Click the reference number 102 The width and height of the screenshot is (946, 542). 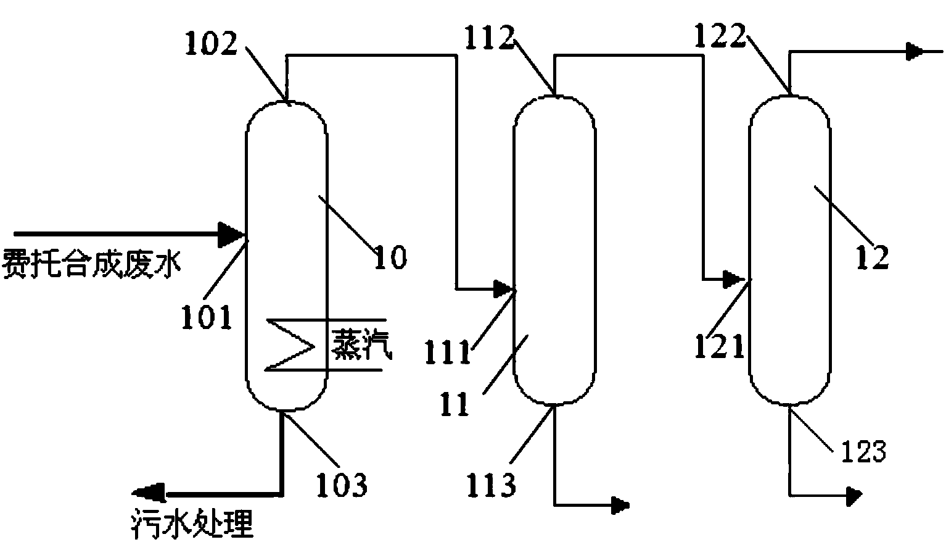(211, 44)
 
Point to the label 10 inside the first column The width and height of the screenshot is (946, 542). (391, 256)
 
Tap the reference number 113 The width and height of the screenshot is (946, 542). (491, 485)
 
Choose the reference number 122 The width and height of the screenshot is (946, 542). (720, 38)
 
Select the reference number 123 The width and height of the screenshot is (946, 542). (862, 452)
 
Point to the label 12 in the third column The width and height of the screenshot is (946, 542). (872, 256)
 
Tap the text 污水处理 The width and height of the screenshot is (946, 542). (192, 525)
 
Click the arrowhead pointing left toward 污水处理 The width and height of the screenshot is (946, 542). (146, 493)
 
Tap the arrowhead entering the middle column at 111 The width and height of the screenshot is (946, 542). (504, 288)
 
